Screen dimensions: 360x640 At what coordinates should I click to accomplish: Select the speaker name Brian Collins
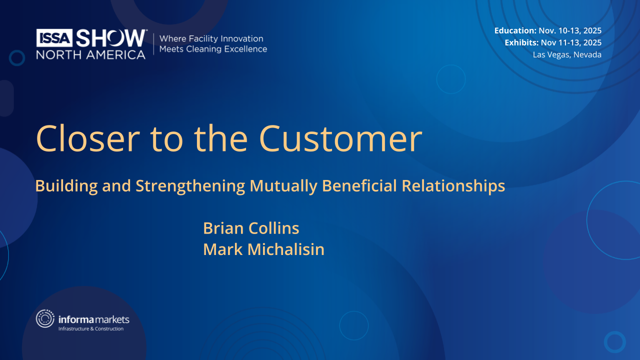251,228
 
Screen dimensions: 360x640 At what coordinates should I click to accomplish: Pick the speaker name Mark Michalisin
263,249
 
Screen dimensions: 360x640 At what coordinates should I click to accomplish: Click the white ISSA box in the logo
54,37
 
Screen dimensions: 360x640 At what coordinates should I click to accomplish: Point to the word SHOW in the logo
111,38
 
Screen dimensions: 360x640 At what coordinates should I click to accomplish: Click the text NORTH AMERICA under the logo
90,54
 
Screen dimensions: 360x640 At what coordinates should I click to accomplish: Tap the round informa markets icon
45,319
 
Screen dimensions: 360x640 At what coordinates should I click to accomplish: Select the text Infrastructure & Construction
91,328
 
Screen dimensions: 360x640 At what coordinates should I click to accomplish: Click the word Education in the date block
515,30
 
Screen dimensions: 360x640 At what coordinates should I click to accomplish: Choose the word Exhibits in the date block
521,42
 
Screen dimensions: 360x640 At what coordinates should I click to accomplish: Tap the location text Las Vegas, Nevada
567,54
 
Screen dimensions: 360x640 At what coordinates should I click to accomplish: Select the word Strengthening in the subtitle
190,186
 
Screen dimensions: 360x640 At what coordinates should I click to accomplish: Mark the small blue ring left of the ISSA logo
17,58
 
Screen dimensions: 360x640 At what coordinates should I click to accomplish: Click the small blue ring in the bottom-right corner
614,342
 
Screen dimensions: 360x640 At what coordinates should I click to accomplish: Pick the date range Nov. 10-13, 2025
570,30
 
